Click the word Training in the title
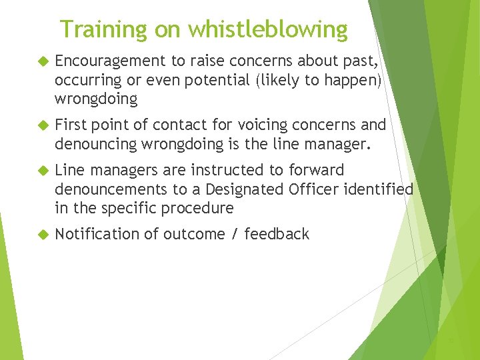(103, 29)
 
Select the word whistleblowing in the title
(267, 29)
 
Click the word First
(71, 125)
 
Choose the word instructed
(248, 171)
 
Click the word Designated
(248, 189)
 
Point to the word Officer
(314, 189)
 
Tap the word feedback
(277, 234)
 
